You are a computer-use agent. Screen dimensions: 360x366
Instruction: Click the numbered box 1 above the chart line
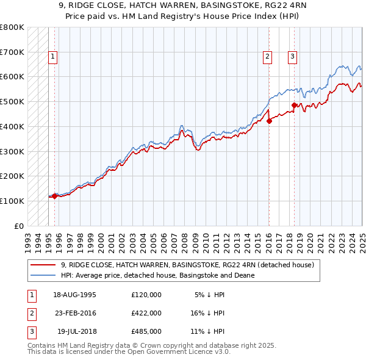coord(53,57)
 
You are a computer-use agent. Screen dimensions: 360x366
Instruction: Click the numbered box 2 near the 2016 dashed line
coord(267,57)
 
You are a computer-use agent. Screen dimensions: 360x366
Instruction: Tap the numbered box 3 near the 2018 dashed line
coord(292,57)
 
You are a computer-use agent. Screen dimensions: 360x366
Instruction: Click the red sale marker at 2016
coord(269,121)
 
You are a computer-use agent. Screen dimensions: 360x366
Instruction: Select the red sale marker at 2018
coord(294,105)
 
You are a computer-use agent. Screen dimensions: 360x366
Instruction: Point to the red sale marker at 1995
coord(54,196)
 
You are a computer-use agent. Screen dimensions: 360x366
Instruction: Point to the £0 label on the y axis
coord(18,226)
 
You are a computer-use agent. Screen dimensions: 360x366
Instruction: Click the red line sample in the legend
coord(43,265)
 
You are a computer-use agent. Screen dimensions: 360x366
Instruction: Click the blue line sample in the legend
coord(43,275)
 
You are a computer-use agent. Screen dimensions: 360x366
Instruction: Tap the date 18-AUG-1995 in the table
coord(74,294)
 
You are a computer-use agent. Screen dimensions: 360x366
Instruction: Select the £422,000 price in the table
coord(146,313)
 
